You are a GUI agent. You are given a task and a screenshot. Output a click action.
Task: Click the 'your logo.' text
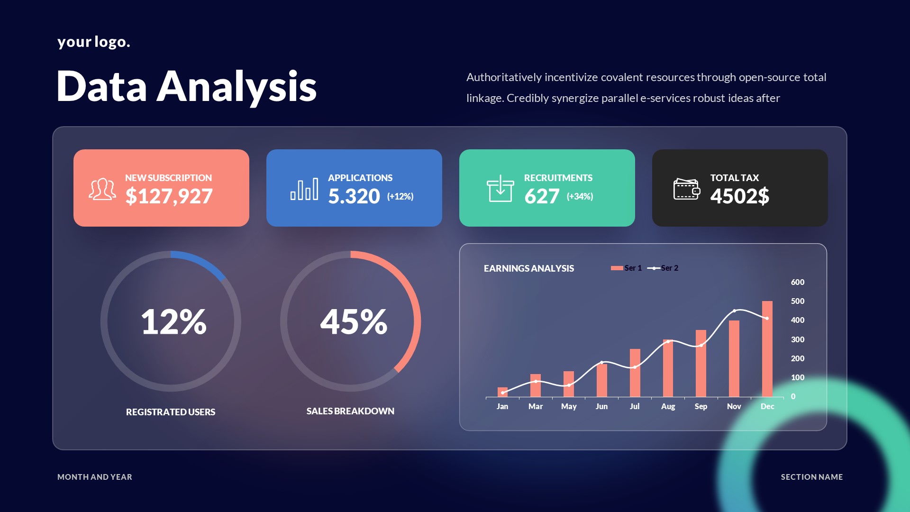point(93,42)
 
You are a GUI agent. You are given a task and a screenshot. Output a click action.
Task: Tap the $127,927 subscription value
point(169,196)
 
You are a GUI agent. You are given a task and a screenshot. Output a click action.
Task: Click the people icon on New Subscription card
point(102,189)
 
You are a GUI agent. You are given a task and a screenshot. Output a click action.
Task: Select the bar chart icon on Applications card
point(304,189)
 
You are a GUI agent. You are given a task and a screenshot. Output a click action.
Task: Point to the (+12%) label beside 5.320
point(400,196)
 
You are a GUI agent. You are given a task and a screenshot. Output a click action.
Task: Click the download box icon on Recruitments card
point(500,189)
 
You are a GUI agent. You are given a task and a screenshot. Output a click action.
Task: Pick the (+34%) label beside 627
point(580,196)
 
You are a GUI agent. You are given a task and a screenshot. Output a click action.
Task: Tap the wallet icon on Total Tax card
point(686,189)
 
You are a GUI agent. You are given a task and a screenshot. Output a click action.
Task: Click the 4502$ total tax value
point(739,196)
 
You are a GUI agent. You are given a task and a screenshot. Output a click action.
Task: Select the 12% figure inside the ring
point(173,322)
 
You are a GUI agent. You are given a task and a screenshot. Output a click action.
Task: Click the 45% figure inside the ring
point(354,322)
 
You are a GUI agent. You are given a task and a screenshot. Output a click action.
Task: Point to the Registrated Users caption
point(171,412)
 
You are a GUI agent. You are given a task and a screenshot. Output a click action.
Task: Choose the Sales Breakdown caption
point(350,411)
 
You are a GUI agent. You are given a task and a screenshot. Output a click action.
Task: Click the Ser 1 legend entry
point(627,268)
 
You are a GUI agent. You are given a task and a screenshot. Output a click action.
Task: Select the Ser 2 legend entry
point(664,268)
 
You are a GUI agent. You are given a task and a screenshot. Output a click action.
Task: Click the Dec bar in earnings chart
point(767,349)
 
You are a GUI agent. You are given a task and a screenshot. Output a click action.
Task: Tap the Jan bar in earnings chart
point(502,392)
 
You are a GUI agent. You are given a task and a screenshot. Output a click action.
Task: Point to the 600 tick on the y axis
point(797,282)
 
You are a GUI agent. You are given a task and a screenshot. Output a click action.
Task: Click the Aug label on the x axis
point(668,406)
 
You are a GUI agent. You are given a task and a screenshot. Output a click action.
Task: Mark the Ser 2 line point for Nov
point(734,311)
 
